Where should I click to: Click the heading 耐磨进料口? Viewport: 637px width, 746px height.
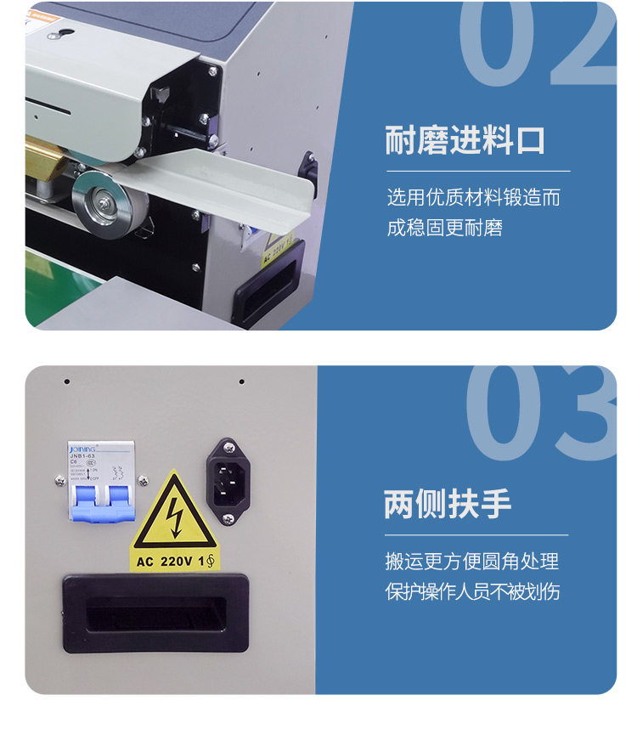click(x=465, y=140)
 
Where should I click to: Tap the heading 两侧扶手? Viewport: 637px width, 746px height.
click(x=448, y=504)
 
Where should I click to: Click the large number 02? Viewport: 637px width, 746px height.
click(x=537, y=43)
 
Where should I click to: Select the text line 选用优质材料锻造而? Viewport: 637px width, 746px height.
click(x=473, y=199)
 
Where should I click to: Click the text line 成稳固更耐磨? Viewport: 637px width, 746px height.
click(x=444, y=228)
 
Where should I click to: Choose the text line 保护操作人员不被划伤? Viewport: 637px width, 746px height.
click(x=472, y=591)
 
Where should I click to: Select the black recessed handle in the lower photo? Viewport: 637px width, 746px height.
click(x=155, y=613)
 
